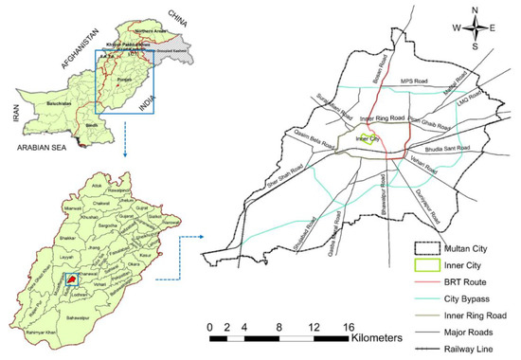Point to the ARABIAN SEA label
[39, 148]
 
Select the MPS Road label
[414, 81]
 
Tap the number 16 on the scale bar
[350, 328]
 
